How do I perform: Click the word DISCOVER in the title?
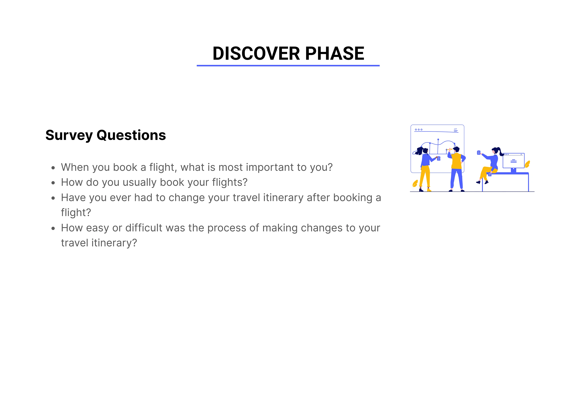pos(256,53)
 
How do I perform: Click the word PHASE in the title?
pos(335,53)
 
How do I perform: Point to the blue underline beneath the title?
pos(288,66)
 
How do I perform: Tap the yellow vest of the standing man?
pos(456,161)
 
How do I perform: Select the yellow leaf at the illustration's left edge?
pos(415,183)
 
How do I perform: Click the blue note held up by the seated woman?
pos(478,153)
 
